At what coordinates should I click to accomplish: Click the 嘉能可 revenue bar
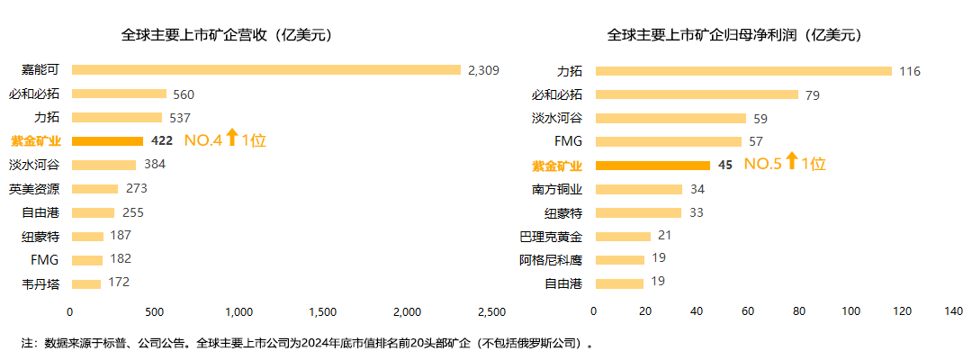[x=266, y=70]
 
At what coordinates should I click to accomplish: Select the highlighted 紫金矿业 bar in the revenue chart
[x=107, y=140]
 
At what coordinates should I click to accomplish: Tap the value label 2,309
[x=483, y=70]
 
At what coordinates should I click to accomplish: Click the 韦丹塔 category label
[x=41, y=283]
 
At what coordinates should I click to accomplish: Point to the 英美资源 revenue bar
[x=94, y=188]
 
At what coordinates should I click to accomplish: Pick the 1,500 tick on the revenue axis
[x=323, y=311]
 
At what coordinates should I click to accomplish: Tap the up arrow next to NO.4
[x=231, y=138]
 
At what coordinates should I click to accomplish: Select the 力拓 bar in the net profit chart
[x=742, y=70]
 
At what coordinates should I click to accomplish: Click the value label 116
[x=910, y=70]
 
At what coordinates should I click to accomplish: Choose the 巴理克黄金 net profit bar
[x=622, y=236]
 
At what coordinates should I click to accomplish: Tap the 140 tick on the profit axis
[x=953, y=311]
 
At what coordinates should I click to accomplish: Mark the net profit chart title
[x=734, y=36]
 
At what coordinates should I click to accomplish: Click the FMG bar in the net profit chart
[x=668, y=141]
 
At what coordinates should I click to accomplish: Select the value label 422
[x=163, y=140]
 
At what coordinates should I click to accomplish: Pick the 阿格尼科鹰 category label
[x=551, y=260]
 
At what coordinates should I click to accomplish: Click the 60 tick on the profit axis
[x=748, y=311]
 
